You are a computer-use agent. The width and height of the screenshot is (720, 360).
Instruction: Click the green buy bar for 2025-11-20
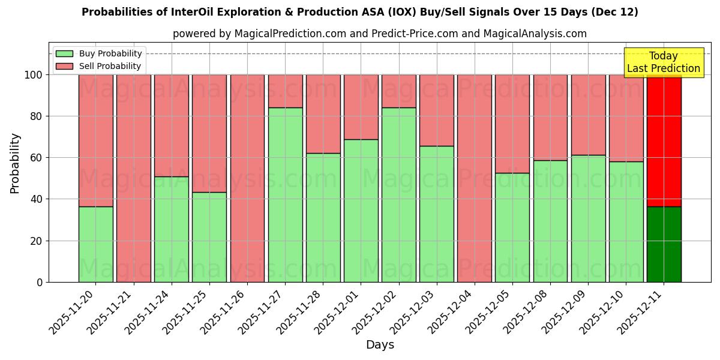point(95,244)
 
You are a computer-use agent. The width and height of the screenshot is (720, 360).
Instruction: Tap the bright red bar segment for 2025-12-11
point(664,140)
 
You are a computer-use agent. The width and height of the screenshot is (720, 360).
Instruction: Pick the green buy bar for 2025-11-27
point(285,194)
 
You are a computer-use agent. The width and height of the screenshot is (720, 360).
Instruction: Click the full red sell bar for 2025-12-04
point(475,178)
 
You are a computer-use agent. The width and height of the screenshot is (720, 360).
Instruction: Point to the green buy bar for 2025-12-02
point(399,194)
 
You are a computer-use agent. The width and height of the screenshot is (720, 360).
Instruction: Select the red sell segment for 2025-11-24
point(172,125)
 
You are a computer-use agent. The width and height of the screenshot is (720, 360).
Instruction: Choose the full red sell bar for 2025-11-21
point(133,178)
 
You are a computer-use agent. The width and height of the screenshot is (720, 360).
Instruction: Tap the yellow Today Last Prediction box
point(663,62)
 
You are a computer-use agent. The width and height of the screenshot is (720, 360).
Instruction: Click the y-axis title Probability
point(15,163)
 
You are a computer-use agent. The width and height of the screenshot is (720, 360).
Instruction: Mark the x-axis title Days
point(380,345)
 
